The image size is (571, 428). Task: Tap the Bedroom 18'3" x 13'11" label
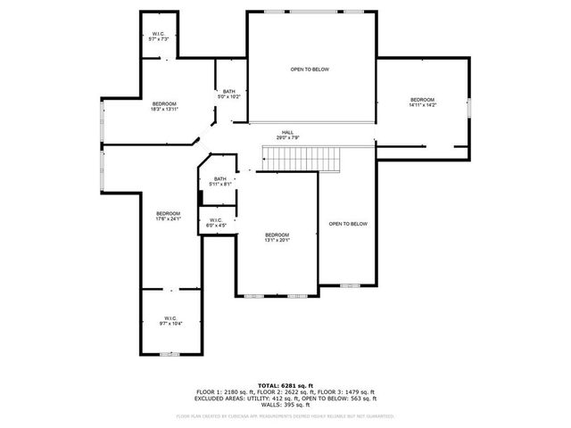pos(164,107)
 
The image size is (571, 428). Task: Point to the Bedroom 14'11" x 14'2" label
pos(422,102)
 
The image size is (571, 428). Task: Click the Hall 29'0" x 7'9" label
pos(287,136)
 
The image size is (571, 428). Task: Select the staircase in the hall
pos(303,159)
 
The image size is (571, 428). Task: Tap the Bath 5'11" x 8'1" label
pos(219,182)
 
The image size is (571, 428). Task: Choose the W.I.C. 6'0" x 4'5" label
pos(217,222)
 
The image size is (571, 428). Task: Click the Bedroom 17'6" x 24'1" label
pos(169,216)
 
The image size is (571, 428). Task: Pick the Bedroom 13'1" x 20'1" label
pos(277,237)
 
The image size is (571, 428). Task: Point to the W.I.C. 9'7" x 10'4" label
pos(170,321)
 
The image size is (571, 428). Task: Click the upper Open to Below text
pos(309,69)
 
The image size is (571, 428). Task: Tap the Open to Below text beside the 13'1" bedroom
pos(348,224)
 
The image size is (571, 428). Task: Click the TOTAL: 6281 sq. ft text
pos(285,385)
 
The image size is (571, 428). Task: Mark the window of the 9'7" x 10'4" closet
pos(170,354)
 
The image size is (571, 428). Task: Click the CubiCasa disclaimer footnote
pos(285,416)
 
